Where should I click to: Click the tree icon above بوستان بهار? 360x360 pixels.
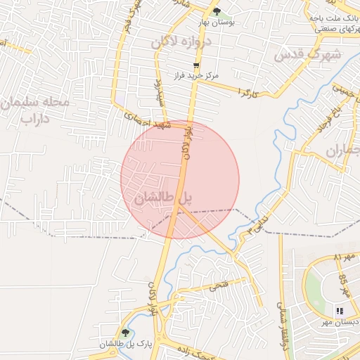217,12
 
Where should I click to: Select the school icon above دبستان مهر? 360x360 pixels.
340,310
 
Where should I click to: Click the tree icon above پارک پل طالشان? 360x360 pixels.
126,333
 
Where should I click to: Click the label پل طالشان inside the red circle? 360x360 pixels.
162,199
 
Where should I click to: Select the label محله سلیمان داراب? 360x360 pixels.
35,111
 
